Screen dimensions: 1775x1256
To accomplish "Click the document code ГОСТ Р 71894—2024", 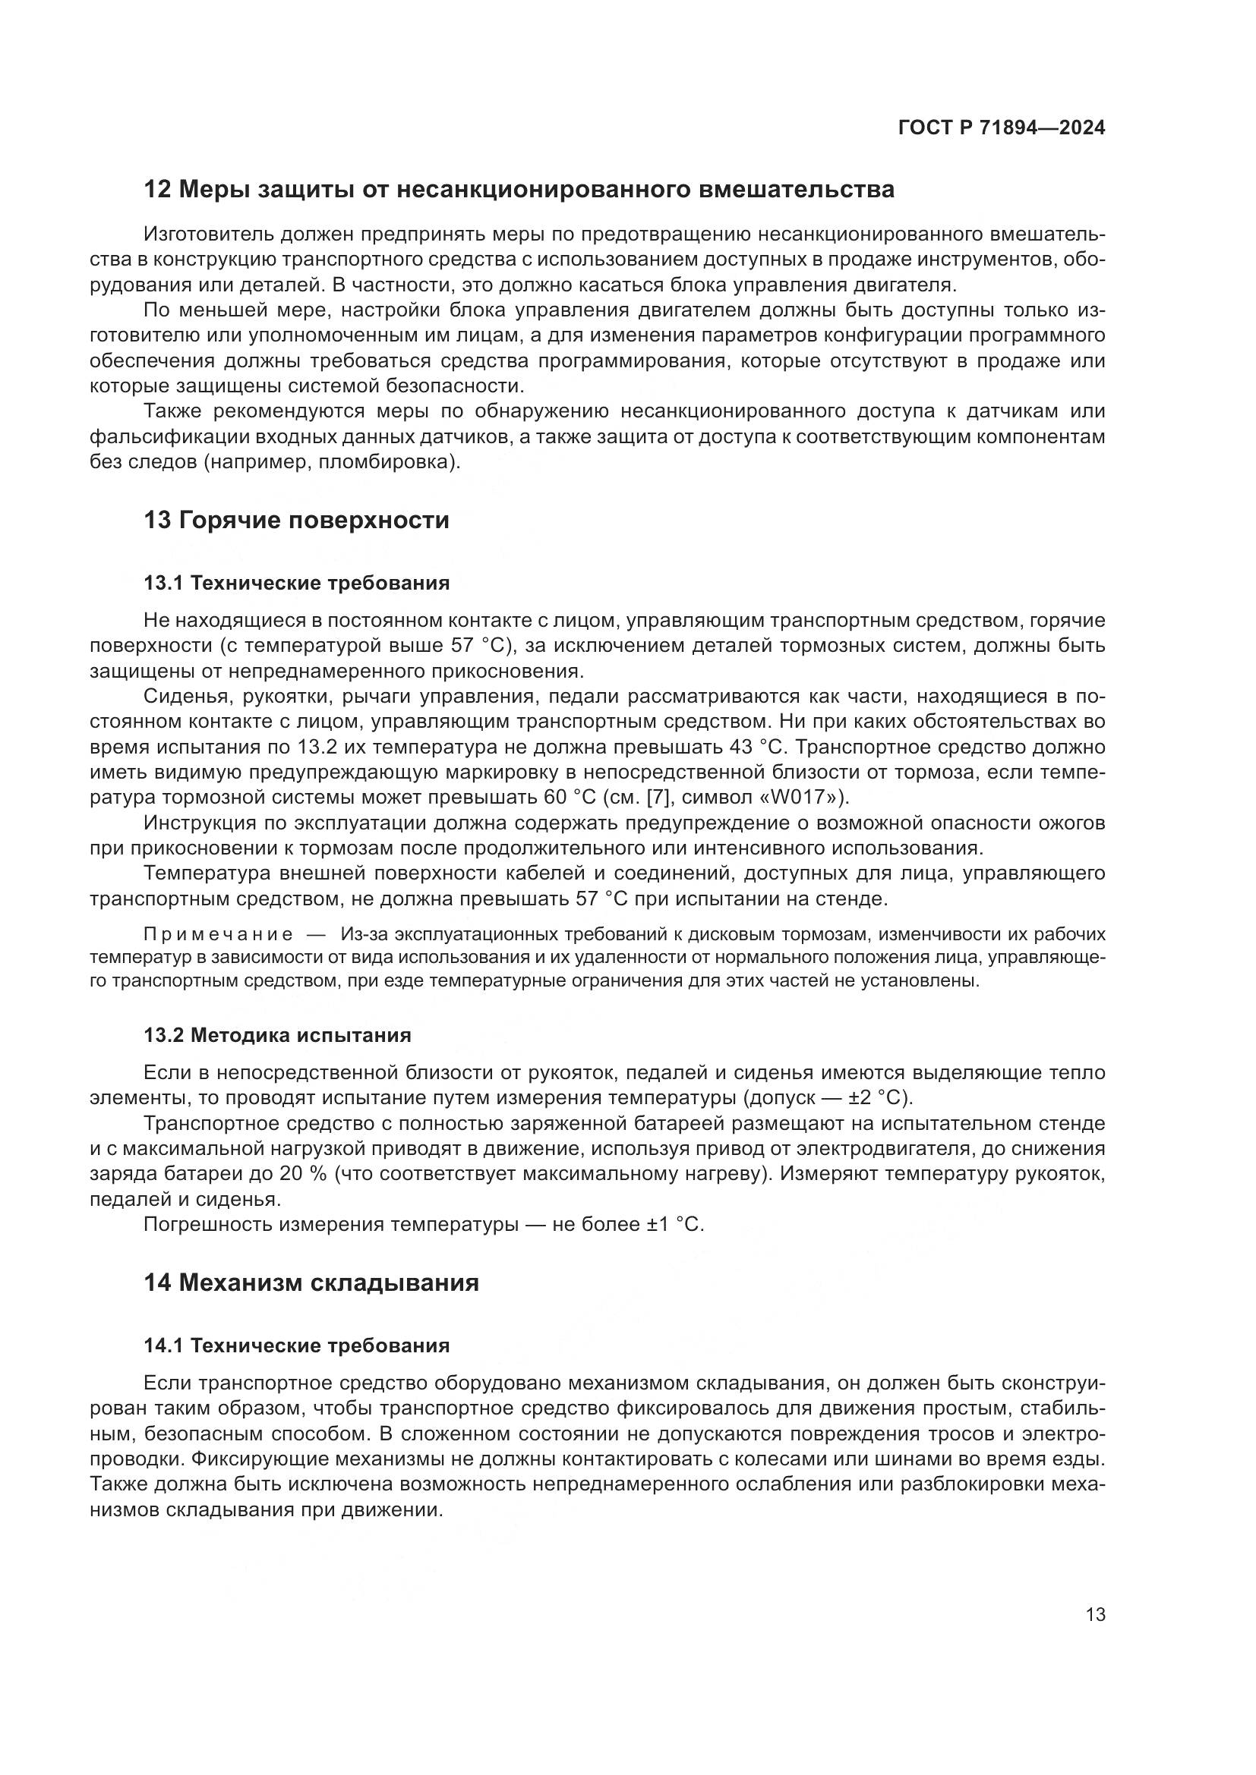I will (1002, 128).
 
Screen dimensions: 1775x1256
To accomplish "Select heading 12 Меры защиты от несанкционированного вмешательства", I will (519, 190).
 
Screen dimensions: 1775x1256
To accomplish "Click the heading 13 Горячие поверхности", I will (296, 521).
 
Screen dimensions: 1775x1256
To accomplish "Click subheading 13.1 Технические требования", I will (296, 583).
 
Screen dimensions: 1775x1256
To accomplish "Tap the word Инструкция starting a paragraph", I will (197, 823).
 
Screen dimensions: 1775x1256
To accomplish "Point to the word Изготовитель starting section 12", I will (209, 234).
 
